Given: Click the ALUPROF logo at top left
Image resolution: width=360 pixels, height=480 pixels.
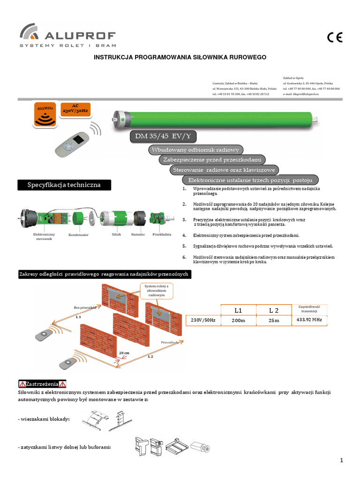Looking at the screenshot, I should (x=67, y=36).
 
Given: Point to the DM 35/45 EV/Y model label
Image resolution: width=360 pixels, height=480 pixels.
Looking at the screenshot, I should (x=162, y=136).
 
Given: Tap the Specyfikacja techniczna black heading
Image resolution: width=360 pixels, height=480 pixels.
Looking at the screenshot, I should (x=66, y=185).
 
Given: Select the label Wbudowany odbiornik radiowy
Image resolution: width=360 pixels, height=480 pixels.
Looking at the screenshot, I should (x=195, y=150).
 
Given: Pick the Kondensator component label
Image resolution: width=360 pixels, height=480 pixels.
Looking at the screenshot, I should (x=78, y=234).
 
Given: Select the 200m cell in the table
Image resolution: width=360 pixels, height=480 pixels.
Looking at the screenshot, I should (x=238, y=321).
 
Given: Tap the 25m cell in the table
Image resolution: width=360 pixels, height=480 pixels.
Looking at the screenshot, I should (x=274, y=321).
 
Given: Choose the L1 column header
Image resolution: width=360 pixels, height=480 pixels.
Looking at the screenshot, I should (x=238, y=310).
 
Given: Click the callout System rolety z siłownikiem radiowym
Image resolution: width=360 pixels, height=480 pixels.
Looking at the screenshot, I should (x=156, y=291).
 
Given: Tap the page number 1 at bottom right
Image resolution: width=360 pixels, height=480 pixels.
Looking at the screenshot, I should (x=342, y=460).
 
